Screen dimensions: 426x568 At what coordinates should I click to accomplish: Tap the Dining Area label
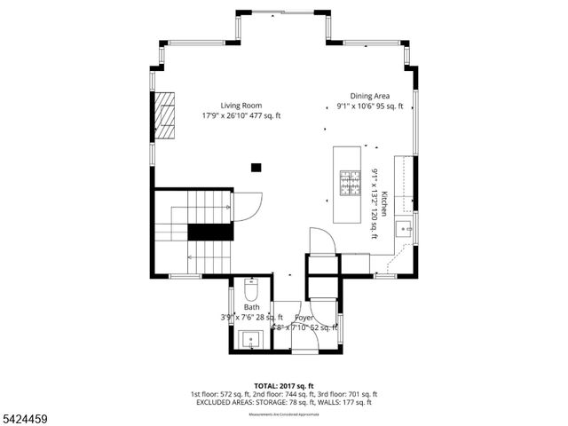[369, 96]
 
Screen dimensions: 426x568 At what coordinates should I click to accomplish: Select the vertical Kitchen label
[383, 203]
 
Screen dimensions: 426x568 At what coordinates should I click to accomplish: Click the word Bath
[252, 307]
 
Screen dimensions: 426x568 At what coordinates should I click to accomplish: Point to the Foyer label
[304, 317]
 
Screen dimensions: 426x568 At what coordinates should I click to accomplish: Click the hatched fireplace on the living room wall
[165, 114]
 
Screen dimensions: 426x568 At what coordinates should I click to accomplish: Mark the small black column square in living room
[256, 166]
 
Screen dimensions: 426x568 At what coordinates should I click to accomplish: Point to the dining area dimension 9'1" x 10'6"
[369, 106]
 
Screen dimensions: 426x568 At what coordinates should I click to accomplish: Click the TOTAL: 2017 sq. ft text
[283, 385]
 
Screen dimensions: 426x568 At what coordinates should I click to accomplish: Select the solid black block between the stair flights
[210, 233]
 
